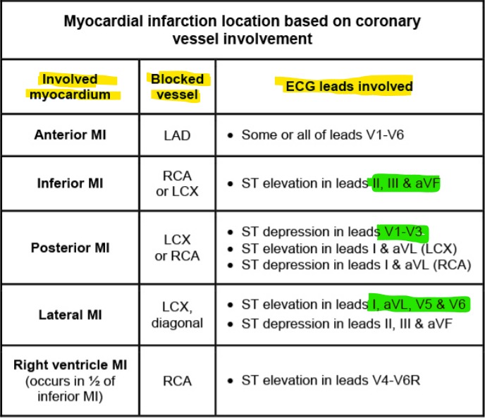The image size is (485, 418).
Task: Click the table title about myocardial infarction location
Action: point(242,30)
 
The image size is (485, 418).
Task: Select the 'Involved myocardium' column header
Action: point(70,87)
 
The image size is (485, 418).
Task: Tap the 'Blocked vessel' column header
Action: point(177,87)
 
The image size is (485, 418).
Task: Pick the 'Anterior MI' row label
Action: point(70,134)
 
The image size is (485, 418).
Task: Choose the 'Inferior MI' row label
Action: point(70,183)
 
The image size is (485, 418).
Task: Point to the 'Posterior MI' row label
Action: point(70,248)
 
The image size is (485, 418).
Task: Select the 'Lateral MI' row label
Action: point(70,314)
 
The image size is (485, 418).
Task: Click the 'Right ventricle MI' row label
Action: point(70,381)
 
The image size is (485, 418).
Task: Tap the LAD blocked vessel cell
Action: point(177,135)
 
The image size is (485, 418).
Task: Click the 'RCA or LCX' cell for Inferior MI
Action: point(177,183)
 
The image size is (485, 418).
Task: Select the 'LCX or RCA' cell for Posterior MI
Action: point(177,248)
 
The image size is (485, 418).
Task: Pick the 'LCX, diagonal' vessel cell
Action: point(177,314)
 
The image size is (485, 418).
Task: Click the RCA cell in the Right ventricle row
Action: point(177,381)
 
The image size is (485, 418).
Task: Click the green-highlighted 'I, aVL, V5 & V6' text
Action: point(419,305)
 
